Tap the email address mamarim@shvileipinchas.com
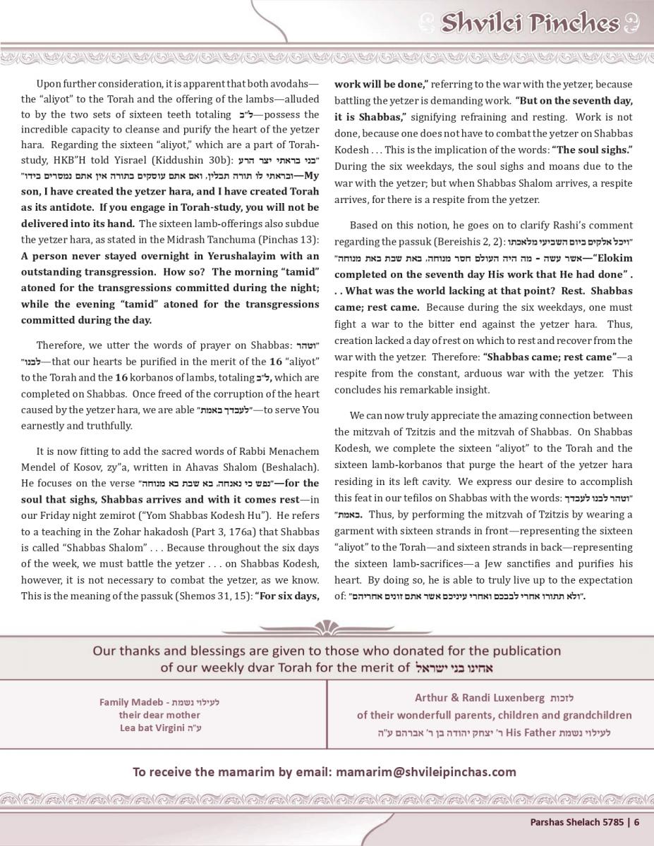426,771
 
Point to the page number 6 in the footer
636,821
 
